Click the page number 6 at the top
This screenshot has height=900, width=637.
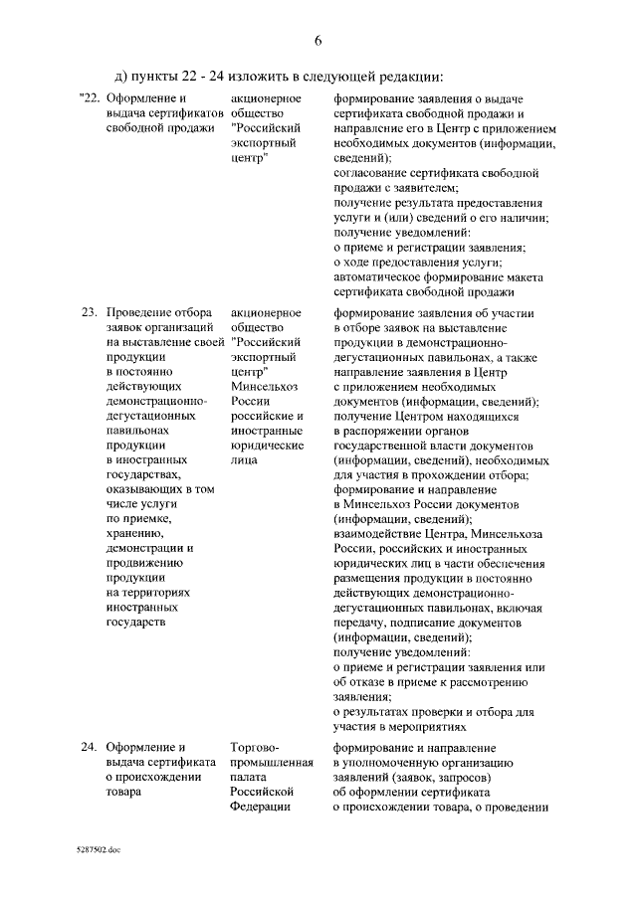[x=318, y=42]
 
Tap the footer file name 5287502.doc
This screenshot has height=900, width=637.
[x=97, y=852]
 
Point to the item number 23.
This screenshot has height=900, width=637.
[x=88, y=313]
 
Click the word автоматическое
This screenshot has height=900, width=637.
[x=378, y=276]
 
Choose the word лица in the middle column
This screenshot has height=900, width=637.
[x=242, y=460]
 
